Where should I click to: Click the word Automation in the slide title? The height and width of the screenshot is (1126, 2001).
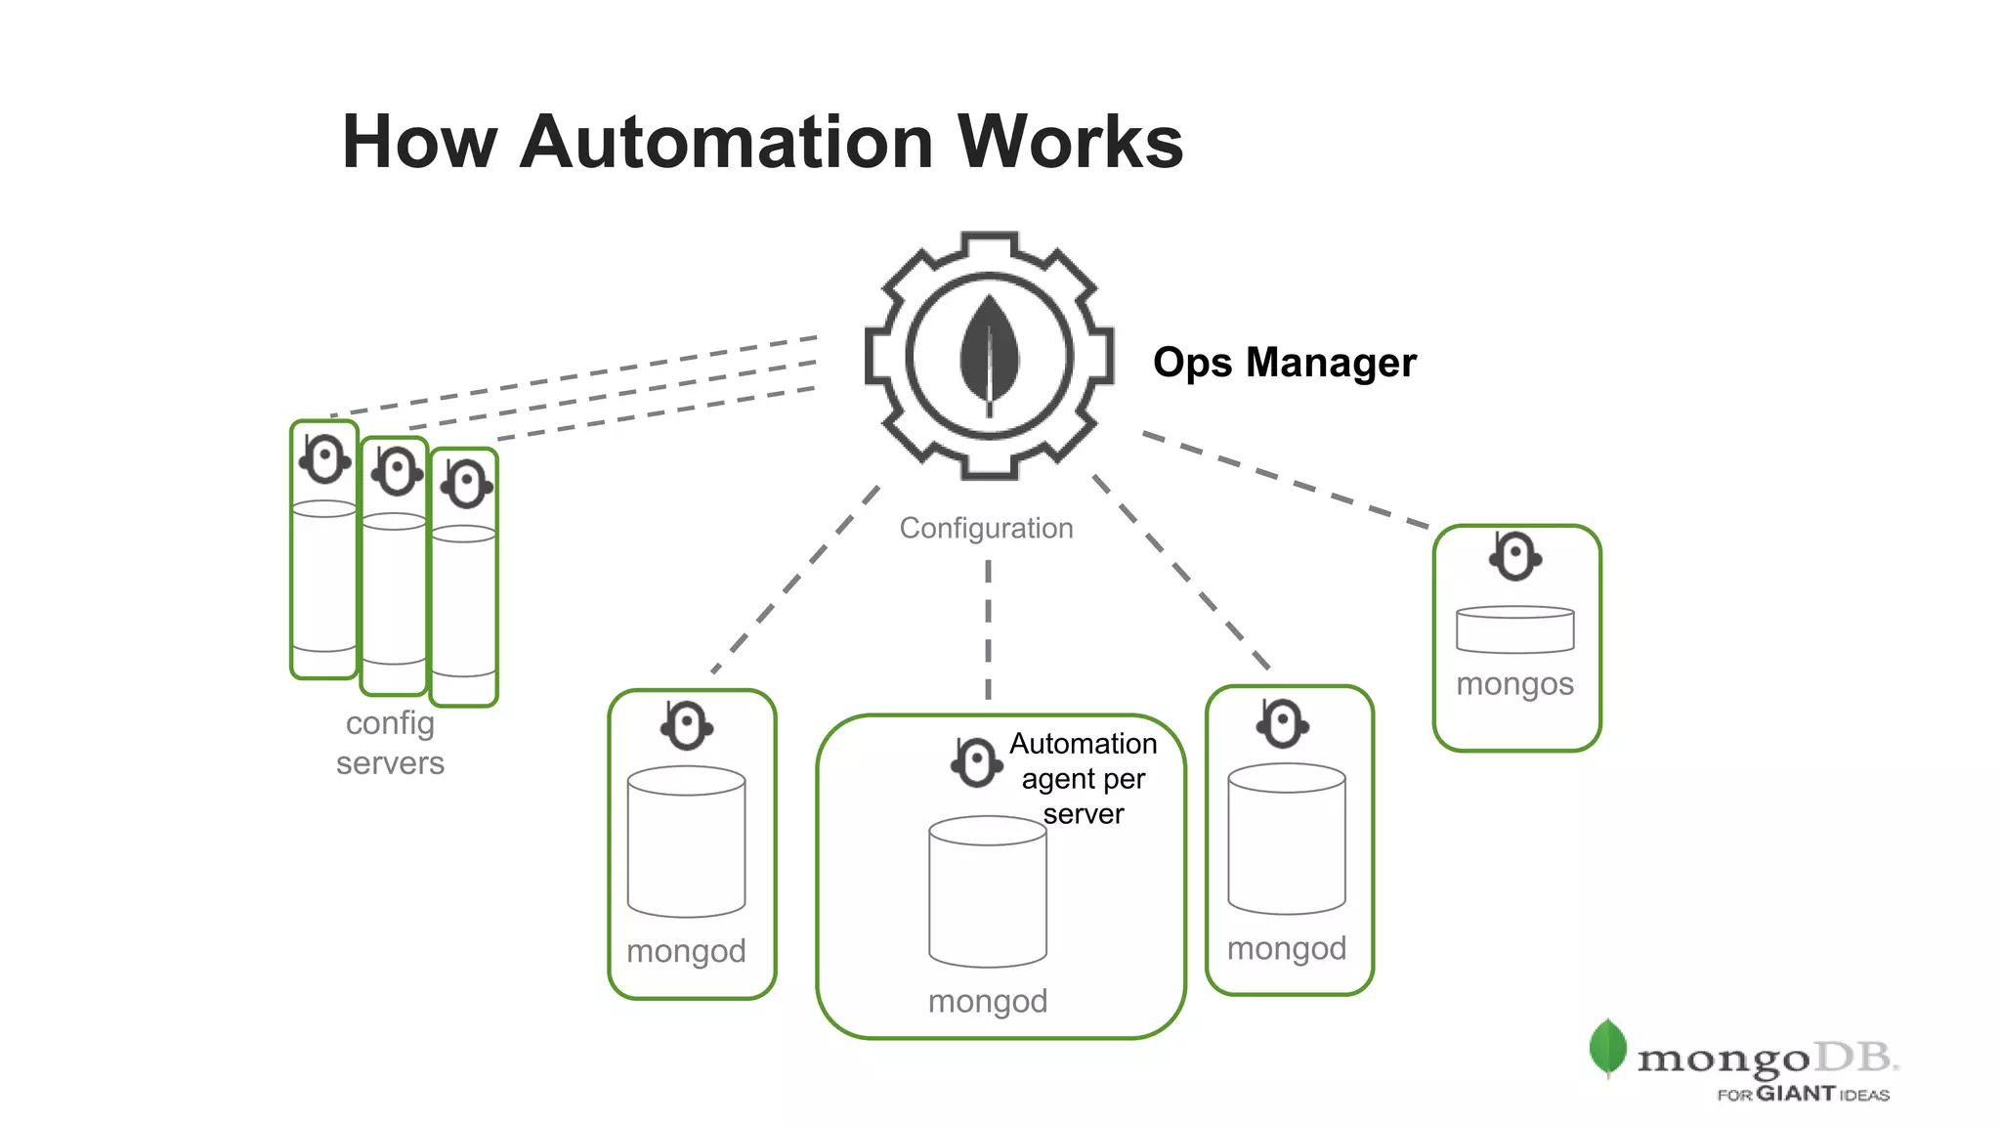coord(728,143)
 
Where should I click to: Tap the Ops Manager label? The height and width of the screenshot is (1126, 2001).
coord(1284,363)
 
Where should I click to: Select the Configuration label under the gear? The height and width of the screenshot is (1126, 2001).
coord(986,529)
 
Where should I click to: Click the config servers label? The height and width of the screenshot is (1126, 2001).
coord(390,743)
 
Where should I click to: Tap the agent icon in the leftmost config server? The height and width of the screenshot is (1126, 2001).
coord(324,458)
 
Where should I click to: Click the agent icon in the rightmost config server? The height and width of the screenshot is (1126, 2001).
coord(466,483)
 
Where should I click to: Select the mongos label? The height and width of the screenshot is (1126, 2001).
coord(1514,684)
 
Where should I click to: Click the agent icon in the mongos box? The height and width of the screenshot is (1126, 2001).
coord(1514,557)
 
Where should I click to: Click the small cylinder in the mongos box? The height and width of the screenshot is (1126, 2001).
coord(1514,629)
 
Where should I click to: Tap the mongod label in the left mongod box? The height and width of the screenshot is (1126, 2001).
coord(686,951)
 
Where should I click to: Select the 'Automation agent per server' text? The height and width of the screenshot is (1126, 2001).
coord(1083,779)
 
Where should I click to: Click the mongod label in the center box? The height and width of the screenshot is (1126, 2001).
coord(987,1002)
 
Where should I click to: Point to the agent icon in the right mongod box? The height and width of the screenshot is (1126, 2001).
coord(1282,724)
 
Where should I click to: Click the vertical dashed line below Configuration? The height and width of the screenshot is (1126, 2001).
coord(988,630)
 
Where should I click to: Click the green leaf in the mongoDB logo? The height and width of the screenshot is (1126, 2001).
coord(1607,1047)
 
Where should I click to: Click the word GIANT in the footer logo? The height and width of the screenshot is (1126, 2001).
coord(1795,1094)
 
